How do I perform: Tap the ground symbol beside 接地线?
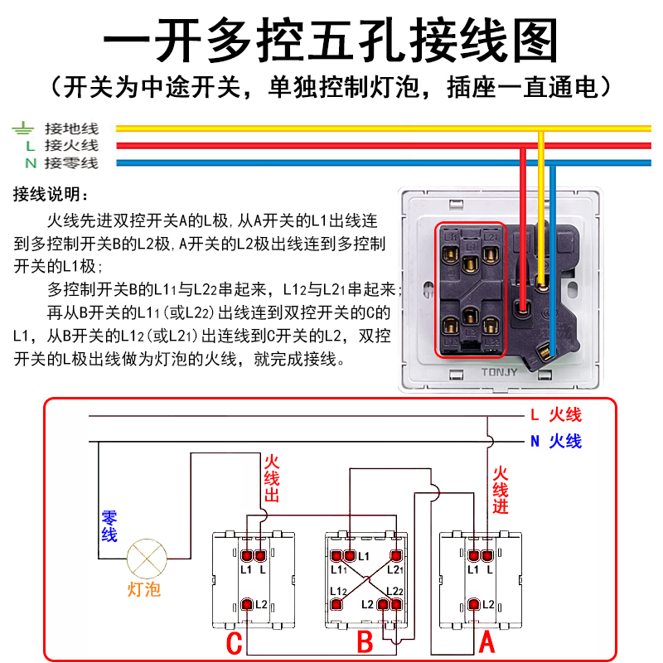coord(23,128)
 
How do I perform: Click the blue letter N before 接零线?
coord(30,163)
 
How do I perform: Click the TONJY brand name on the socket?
coord(500,372)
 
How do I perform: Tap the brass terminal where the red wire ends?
coord(523,309)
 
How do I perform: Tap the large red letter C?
coord(235,642)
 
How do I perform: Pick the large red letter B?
coord(365,642)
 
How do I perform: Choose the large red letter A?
coord(487,641)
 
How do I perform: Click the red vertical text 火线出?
coord(272,478)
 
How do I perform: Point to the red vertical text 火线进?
coord(501,490)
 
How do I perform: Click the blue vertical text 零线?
coord(109,526)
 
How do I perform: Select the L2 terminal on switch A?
coord(475,604)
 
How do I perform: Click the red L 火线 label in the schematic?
coord(556,415)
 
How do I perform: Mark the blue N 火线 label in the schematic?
coord(556,441)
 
